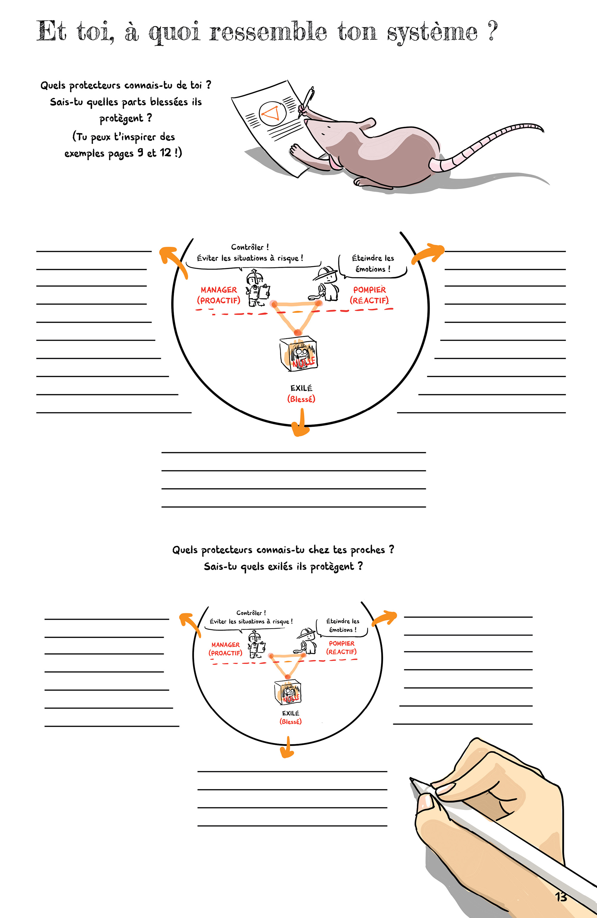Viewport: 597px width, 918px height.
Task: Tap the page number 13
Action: [561, 897]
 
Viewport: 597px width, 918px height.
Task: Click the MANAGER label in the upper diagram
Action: [219, 290]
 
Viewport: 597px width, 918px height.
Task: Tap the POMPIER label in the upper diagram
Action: [369, 290]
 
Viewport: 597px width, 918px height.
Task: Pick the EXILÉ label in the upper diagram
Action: [301, 388]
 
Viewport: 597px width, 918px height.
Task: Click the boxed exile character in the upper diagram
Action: [299, 354]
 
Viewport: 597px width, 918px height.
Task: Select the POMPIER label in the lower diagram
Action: [341, 643]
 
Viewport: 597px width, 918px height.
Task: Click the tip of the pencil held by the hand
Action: [411, 779]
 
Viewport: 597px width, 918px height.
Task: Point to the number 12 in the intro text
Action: [165, 153]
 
